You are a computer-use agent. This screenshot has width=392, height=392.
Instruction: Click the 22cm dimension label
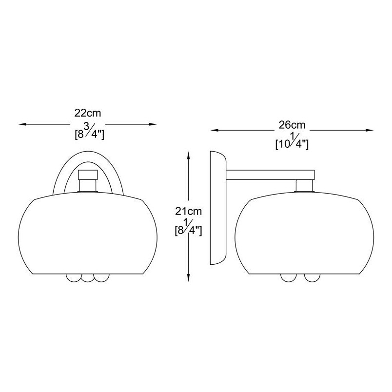point(87,113)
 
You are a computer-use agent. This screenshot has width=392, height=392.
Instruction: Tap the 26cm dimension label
point(292,125)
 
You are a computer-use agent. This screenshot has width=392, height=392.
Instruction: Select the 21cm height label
point(188,211)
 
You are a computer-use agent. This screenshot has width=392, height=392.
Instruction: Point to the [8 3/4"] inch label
point(89,133)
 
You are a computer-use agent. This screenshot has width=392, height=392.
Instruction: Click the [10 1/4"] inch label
point(292,143)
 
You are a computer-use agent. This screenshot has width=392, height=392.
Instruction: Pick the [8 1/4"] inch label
point(188,228)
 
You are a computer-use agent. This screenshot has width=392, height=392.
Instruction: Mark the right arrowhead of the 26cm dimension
point(369,130)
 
